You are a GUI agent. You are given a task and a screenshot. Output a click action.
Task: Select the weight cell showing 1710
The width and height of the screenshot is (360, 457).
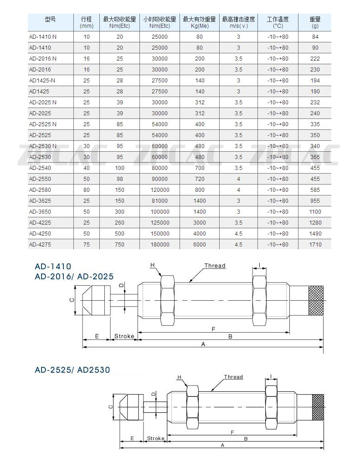(x=315, y=244)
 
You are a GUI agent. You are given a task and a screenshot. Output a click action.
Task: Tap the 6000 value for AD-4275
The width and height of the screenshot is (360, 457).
(x=200, y=244)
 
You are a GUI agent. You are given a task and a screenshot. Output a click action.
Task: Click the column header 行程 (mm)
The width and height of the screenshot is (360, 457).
(x=86, y=22)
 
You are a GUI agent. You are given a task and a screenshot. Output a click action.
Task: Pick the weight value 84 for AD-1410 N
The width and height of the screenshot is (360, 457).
(x=315, y=36)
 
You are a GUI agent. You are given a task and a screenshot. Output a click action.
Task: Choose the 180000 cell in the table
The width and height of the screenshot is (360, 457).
(x=159, y=244)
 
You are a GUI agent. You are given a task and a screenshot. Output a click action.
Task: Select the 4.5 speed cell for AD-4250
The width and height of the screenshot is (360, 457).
(x=238, y=233)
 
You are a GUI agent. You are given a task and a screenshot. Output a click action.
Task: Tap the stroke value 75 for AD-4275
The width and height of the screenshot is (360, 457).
(x=86, y=244)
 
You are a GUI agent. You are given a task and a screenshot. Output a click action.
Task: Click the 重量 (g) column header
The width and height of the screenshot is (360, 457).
(x=315, y=22)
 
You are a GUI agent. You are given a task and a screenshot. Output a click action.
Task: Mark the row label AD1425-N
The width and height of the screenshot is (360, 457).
(x=41, y=80)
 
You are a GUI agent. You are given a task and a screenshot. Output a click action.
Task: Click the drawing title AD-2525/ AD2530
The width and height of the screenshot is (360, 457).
(x=72, y=370)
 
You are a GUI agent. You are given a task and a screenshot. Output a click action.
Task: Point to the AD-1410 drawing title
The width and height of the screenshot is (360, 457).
(x=53, y=267)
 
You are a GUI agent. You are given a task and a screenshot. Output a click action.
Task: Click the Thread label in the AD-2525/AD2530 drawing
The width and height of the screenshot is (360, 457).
(x=233, y=377)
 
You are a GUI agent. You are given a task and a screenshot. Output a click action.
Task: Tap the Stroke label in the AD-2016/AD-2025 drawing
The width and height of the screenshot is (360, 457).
(x=124, y=336)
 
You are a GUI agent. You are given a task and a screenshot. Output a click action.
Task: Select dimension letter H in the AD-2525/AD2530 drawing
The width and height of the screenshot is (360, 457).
(x=179, y=377)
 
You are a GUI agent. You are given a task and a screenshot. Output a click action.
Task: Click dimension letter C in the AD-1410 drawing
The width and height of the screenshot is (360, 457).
(x=71, y=300)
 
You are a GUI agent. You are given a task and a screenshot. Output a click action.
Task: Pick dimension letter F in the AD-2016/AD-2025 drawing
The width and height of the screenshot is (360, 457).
(x=213, y=329)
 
